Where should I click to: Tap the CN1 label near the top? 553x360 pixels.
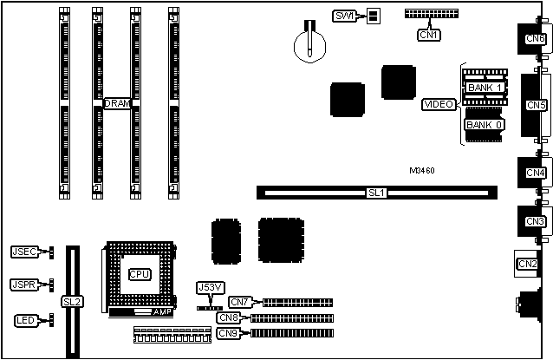[428, 35]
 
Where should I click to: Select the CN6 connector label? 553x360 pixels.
[535, 39]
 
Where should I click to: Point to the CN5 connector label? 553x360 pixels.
[535, 105]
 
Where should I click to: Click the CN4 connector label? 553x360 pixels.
[535, 173]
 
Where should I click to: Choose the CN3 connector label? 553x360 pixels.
[535, 221]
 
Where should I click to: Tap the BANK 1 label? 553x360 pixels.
[484, 88]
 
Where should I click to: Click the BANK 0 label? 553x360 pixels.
[483, 125]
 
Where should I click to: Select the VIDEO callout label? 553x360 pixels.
[439, 104]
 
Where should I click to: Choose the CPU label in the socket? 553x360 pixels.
[139, 274]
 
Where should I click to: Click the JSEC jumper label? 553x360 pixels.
[23, 252]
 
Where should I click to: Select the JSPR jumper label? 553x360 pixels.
[23, 285]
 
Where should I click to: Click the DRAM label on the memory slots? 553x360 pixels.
[117, 103]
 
